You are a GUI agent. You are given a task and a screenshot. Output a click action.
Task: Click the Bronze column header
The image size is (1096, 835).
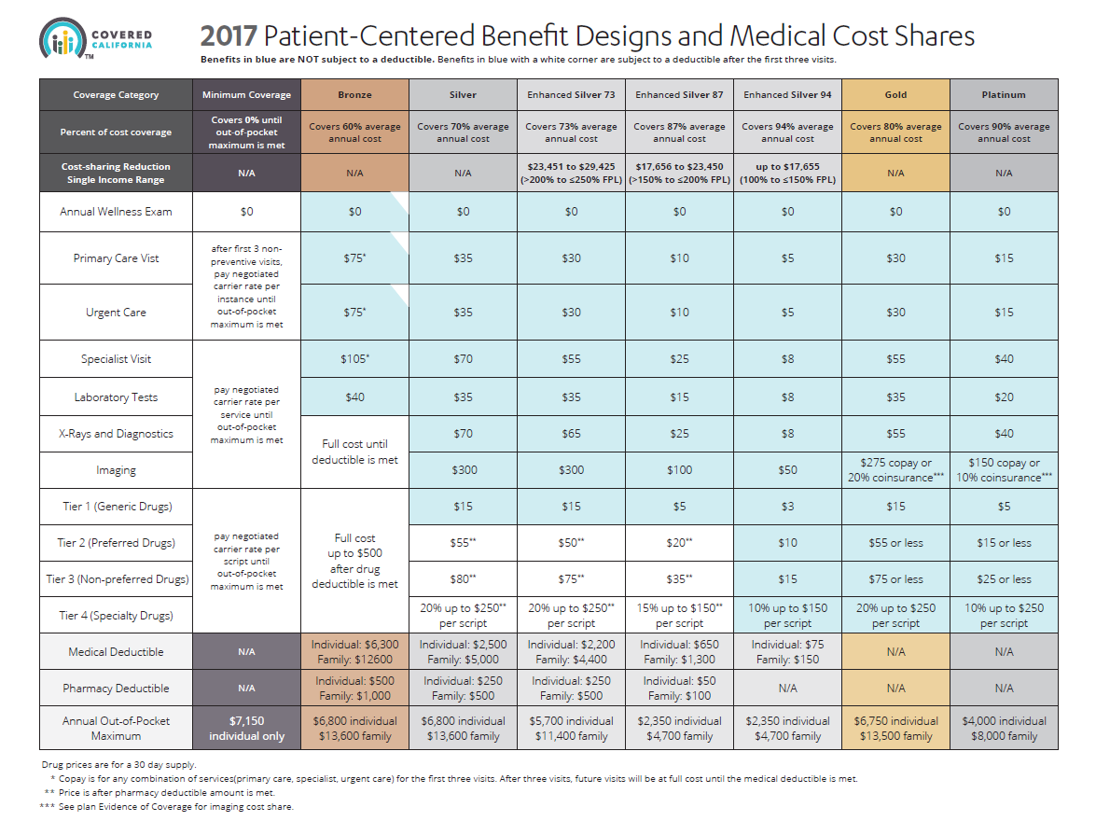(x=354, y=95)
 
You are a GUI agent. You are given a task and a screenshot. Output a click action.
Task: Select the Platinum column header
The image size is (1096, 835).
(x=1004, y=95)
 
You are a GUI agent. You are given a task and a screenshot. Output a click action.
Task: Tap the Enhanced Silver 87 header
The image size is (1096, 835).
(x=679, y=95)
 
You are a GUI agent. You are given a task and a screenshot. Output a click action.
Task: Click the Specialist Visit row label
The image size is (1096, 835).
(x=116, y=359)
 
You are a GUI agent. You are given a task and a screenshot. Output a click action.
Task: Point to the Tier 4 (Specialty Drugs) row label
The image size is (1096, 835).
(x=116, y=615)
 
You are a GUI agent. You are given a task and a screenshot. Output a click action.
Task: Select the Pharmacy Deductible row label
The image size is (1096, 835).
(x=116, y=689)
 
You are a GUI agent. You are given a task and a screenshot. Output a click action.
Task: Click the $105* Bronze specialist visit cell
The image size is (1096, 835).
(x=354, y=359)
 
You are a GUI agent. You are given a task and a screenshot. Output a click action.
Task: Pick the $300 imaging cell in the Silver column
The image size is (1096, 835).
(x=463, y=470)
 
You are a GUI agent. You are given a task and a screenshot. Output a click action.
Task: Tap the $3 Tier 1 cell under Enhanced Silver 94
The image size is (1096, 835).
(x=787, y=507)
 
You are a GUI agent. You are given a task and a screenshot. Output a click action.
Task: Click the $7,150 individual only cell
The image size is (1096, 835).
(x=246, y=729)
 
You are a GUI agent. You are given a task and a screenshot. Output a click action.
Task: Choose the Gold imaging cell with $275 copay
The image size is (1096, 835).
(x=895, y=470)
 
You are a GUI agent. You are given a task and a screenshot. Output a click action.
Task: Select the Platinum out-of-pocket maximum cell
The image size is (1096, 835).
(x=1004, y=729)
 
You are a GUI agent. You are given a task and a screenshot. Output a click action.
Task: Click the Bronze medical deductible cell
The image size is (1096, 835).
(x=354, y=652)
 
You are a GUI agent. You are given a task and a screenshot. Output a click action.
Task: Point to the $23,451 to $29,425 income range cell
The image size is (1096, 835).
(x=571, y=173)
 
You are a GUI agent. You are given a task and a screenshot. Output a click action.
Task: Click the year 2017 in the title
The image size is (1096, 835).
(x=229, y=36)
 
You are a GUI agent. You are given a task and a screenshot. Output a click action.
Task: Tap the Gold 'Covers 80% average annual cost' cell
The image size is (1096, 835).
(x=895, y=132)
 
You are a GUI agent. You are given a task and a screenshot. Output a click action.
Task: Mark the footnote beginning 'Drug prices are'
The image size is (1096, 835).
(x=118, y=765)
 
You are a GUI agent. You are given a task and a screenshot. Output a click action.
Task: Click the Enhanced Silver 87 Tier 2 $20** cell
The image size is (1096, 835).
(x=679, y=543)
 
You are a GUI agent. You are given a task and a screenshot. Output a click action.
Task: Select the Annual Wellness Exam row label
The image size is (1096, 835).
(x=116, y=212)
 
